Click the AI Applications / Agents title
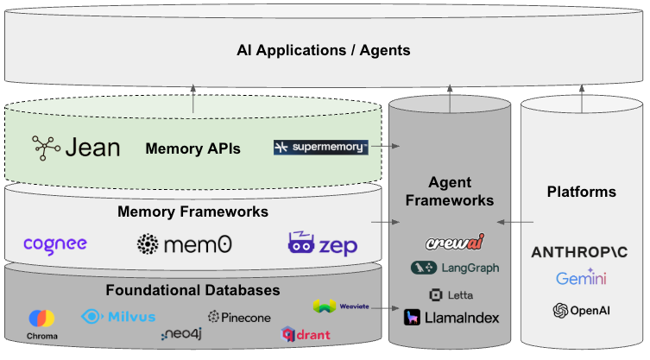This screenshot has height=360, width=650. (x=323, y=50)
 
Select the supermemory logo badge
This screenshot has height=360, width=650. (x=321, y=148)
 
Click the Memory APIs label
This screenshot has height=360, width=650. (x=192, y=148)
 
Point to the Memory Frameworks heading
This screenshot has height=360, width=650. (x=192, y=212)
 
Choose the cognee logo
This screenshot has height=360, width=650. (x=55, y=244)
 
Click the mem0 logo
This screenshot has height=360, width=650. (x=185, y=244)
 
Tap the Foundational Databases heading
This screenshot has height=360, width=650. (x=192, y=289)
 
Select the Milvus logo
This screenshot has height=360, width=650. (x=118, y=316)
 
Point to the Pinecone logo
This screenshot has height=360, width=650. (x=239, y=317)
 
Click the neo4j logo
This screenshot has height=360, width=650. (x=182, y=334)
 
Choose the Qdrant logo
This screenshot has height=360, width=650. (x=306, y=333)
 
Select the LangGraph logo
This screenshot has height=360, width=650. (x=454, y=268)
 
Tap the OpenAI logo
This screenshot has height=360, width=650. (x=581, y=310)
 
